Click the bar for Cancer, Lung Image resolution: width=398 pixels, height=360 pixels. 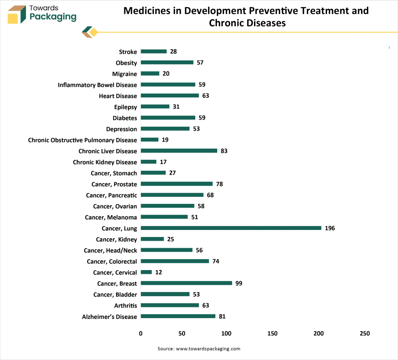click(231, 228)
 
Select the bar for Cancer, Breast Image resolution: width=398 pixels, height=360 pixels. click(187, 283)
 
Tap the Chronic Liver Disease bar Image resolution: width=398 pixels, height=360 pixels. click(179, 151)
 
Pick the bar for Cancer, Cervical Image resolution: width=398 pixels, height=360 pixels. click(146, 272)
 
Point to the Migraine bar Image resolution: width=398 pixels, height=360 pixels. click(150, 73)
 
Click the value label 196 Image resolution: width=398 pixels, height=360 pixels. click(330, 228)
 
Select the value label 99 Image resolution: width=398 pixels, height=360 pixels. click(238, 283)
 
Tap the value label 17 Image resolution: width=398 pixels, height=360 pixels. click(163, 162)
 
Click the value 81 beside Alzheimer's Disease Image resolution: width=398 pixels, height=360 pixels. click(222, 317)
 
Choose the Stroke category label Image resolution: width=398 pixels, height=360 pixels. click(128, 52)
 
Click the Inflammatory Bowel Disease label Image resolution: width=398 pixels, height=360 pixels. click(97, 85)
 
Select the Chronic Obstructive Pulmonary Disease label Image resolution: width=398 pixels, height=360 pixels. click(83, 140)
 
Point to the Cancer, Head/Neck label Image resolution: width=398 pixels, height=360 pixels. click(110, 250)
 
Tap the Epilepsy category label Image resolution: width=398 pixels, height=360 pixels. click(125, 107)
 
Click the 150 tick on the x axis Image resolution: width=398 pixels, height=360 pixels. click(272, 333)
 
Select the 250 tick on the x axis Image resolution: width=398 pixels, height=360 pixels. click(365, 333)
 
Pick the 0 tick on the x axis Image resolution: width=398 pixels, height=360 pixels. click(141, 333)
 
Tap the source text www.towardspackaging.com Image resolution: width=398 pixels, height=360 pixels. click(208, 349)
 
